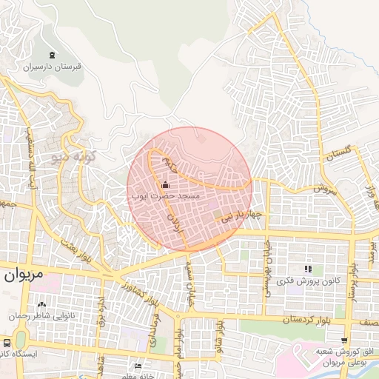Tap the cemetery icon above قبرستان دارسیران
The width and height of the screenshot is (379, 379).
pos(51,56)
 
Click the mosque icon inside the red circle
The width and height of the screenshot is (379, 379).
pos(165,185)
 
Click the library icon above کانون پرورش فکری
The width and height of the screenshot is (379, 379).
pos(308,268)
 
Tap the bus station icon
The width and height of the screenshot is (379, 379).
pos(7,343)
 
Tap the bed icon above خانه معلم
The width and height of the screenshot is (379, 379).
pos(138,366)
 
